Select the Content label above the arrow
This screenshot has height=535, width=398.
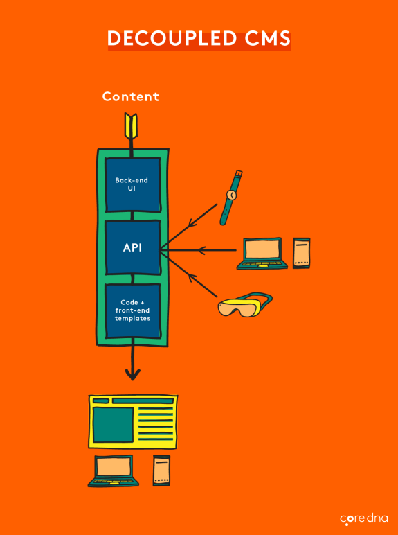pyautogui.click(x=131, y=96)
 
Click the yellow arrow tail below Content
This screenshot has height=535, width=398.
pyautogui.click(x=132, y=126)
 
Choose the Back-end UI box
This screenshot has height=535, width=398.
pyautogui.click(x=132, y=184)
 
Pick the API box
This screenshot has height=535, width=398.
pyautogui.click(x=132, y=247)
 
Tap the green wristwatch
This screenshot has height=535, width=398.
pyautogui.click(x=230, y=198)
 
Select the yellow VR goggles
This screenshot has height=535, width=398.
pyautogui.click(x=242, y=305)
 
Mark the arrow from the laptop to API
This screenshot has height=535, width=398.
pyautogui.click(x=201, y=250)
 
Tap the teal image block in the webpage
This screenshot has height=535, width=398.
pyautogui.click(x=113, y=424)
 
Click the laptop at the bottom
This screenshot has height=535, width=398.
pyautogui.click(x=114, y=473)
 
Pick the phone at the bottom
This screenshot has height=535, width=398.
pyautogui.click(x=161, y=470)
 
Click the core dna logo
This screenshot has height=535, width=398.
pyautogui.click(x=363, y=518)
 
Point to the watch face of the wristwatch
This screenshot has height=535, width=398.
pyautogui.click(x=231, y=195)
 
